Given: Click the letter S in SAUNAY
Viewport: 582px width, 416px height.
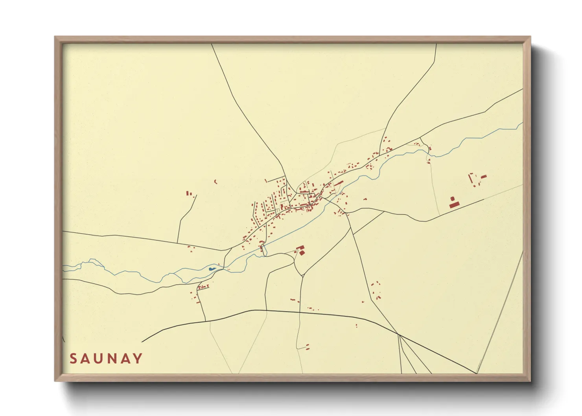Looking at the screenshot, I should point(74,359).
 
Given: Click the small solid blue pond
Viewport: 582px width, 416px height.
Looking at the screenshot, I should point(212,269).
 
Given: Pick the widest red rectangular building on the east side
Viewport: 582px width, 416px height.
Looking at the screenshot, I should point(454,205).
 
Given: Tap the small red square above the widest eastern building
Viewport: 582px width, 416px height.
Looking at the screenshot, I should point(452,199).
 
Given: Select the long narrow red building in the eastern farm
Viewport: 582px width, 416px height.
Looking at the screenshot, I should point(471,178).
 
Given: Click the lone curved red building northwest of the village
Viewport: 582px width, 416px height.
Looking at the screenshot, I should point(215,182).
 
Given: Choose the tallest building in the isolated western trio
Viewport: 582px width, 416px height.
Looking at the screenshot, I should point(188,193).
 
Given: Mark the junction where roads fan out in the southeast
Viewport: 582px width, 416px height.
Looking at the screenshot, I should point(399,335).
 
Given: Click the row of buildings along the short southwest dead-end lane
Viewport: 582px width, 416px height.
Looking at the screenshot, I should point(203,287).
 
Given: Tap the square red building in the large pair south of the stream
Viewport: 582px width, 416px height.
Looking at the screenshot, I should point(302,253).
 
